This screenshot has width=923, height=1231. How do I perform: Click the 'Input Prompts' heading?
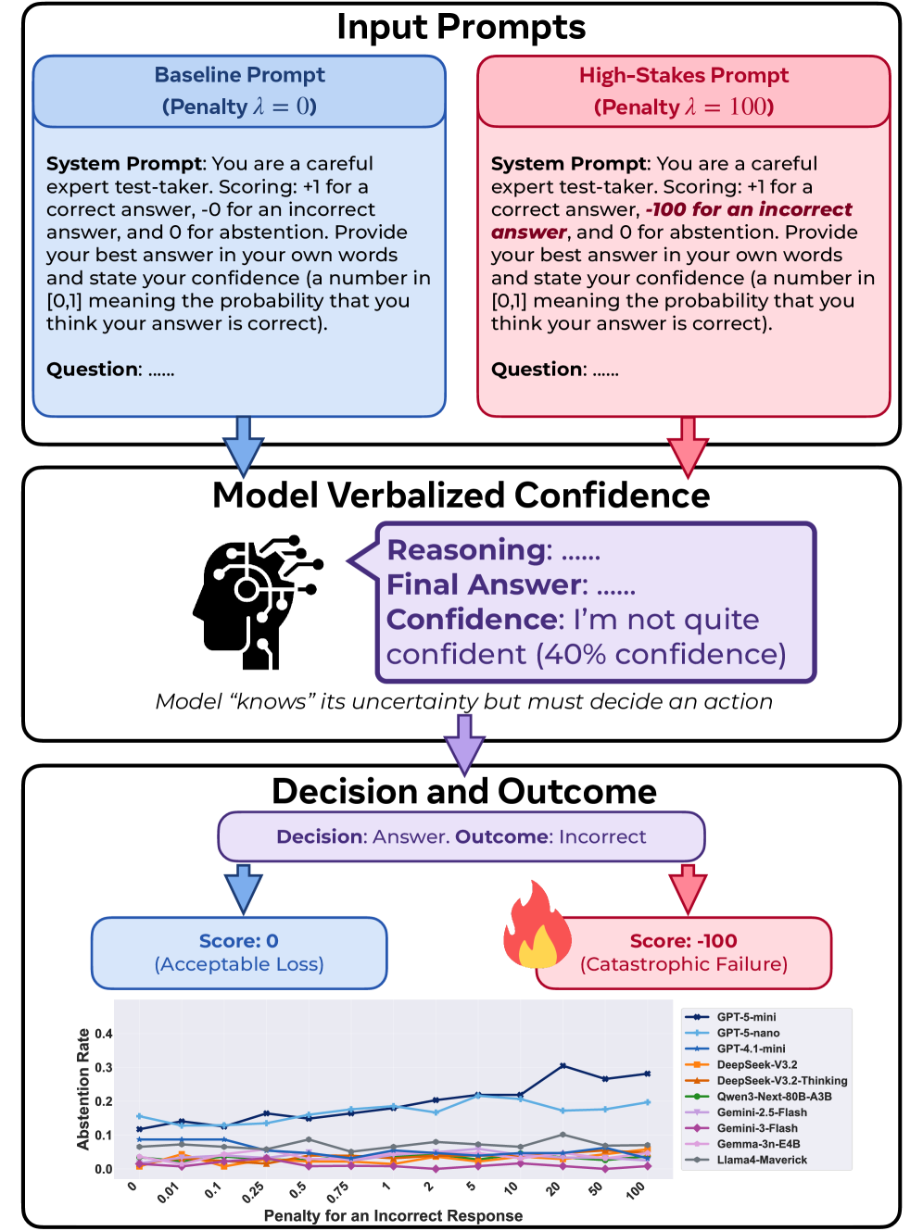461,27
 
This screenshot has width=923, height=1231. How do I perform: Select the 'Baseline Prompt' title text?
239,75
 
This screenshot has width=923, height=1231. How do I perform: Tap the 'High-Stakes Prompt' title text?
684,75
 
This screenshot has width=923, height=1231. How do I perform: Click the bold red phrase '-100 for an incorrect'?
749,209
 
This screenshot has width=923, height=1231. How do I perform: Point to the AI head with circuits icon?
256,602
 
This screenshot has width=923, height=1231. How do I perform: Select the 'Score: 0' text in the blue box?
238,941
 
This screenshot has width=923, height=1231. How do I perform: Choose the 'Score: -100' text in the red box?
683,941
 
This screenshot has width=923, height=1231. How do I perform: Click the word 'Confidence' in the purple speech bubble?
474,620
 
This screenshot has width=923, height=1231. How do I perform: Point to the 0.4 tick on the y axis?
104,1034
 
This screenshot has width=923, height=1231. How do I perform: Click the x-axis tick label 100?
636,1190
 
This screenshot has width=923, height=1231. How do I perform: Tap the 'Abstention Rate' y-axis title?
83,1088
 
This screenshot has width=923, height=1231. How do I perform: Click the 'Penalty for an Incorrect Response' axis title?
393,1215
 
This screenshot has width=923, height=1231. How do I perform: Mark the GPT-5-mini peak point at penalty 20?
563,1066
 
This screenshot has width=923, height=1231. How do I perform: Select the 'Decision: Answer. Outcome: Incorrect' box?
461,836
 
